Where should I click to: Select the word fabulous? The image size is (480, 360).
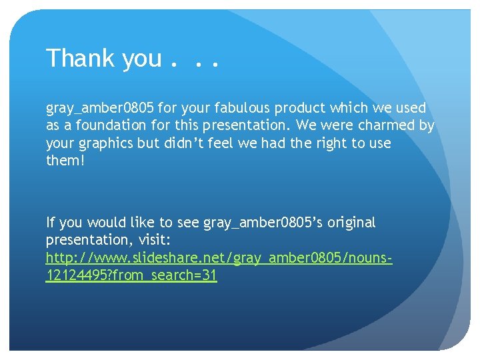click(232, 108)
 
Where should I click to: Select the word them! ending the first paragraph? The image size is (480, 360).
click(65, 161)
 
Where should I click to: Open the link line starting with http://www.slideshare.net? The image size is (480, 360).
click(219, 258)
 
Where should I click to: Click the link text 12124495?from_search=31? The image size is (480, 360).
click(131, 275)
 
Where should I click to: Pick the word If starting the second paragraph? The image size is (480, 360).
click(51, 223)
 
